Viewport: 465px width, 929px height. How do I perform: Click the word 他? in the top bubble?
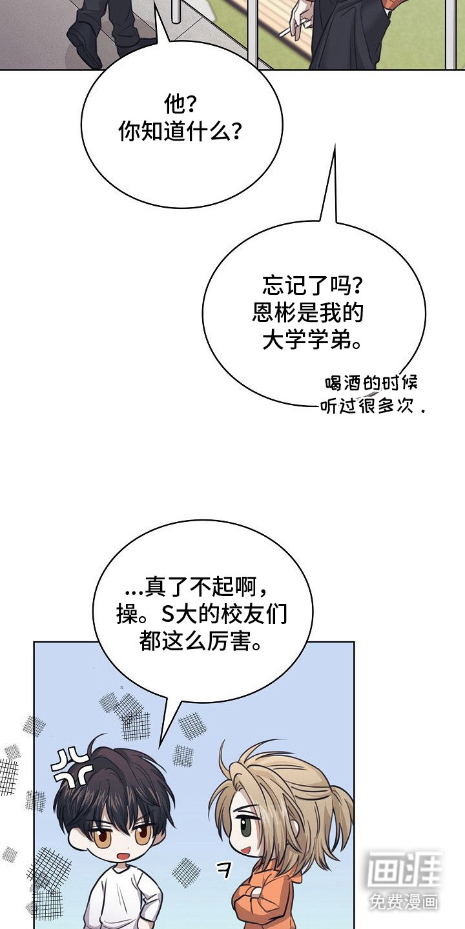click(180, 105)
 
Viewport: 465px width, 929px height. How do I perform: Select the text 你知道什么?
click(180, 132)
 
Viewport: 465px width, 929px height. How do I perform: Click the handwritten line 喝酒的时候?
click(371, 383)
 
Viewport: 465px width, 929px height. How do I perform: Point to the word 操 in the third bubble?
click(127, 615)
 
